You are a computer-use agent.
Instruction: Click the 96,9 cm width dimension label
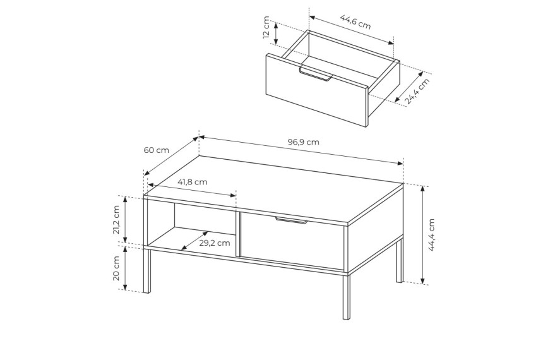[303, 142]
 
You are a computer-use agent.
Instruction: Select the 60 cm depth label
[157, 150]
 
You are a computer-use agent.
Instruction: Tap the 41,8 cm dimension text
[192, 182]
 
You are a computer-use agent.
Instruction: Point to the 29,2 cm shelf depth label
[215, 243]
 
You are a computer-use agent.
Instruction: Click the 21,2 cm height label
[116, 220]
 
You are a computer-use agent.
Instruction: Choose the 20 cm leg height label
[116, 268]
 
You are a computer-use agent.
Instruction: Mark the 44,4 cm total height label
[431, 234]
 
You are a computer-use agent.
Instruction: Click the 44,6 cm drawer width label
[355, 22]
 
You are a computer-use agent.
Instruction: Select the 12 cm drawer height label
[266, 27]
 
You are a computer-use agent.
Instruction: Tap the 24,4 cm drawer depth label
[417, 91]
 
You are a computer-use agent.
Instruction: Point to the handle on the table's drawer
[291, 220]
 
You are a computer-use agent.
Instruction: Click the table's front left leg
[147, 270]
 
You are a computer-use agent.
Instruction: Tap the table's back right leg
[400, 260]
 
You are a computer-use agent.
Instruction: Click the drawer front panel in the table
[292, 241]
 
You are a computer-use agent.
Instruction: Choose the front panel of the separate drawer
[316, 90]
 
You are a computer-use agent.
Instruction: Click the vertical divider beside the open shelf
[238, 234]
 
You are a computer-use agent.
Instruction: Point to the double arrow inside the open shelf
[194, 241]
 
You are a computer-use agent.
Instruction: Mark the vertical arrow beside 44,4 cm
[422, 234]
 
